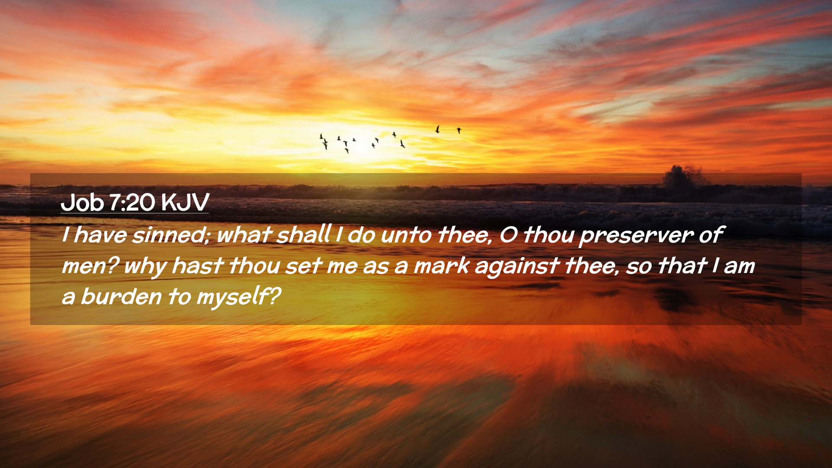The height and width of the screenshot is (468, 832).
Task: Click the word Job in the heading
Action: coord(82,202)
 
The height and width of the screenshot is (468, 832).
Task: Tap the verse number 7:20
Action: coord(132,202)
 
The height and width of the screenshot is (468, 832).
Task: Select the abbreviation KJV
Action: coord(185,202)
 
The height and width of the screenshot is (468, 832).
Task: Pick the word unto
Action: coord(406,235)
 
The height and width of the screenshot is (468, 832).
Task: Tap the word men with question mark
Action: coord(91,266)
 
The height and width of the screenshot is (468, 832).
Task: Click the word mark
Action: coord(442,266)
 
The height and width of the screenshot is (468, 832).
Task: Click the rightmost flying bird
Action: coord(459,130)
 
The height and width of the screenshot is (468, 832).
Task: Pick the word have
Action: coord(100,235)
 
